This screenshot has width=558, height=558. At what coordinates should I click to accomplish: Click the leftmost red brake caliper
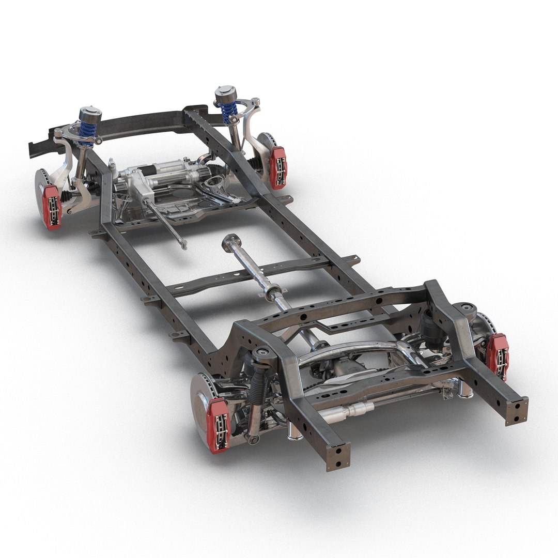pos(52,206)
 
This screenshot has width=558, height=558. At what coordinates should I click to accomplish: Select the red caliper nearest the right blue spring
pos(278,167)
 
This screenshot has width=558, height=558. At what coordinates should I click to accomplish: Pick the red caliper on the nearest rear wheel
pos(218,425)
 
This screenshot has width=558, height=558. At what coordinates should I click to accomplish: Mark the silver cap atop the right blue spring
pos(226,94)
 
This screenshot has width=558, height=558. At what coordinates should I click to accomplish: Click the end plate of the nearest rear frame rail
pos(338,456)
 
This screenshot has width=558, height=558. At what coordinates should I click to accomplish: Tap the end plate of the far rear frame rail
pos(517,411)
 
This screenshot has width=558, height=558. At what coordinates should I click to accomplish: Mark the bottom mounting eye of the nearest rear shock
pos(252,439)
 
